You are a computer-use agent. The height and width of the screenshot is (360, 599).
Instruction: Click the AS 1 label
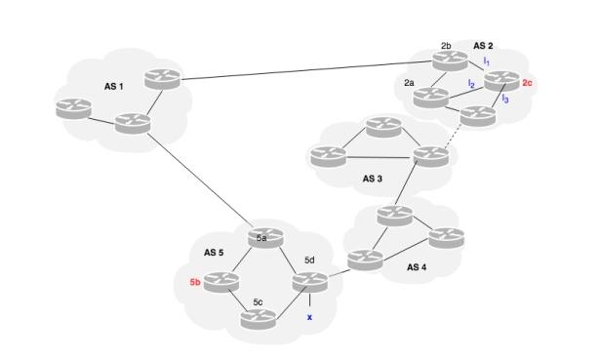[114, 87]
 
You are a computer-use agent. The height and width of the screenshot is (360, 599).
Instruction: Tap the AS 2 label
[483, 46]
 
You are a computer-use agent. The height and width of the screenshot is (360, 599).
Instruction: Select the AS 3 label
[373, 179]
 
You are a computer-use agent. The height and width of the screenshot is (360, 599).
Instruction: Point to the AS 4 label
[418, 266]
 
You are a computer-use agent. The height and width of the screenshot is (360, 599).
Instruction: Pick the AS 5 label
[214, 252]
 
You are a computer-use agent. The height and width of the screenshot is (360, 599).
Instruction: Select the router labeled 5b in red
[222, 282]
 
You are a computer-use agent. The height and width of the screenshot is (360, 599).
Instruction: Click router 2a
[430, 97]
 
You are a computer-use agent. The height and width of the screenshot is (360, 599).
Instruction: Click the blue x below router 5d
[309, 317]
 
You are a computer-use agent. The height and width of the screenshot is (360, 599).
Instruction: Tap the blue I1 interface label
[486, 61]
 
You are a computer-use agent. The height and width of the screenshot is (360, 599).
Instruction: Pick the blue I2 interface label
[470, 84]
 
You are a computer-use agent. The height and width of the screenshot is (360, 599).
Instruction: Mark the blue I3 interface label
[503, 99]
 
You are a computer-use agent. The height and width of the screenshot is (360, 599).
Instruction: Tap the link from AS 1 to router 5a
[200, 181]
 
